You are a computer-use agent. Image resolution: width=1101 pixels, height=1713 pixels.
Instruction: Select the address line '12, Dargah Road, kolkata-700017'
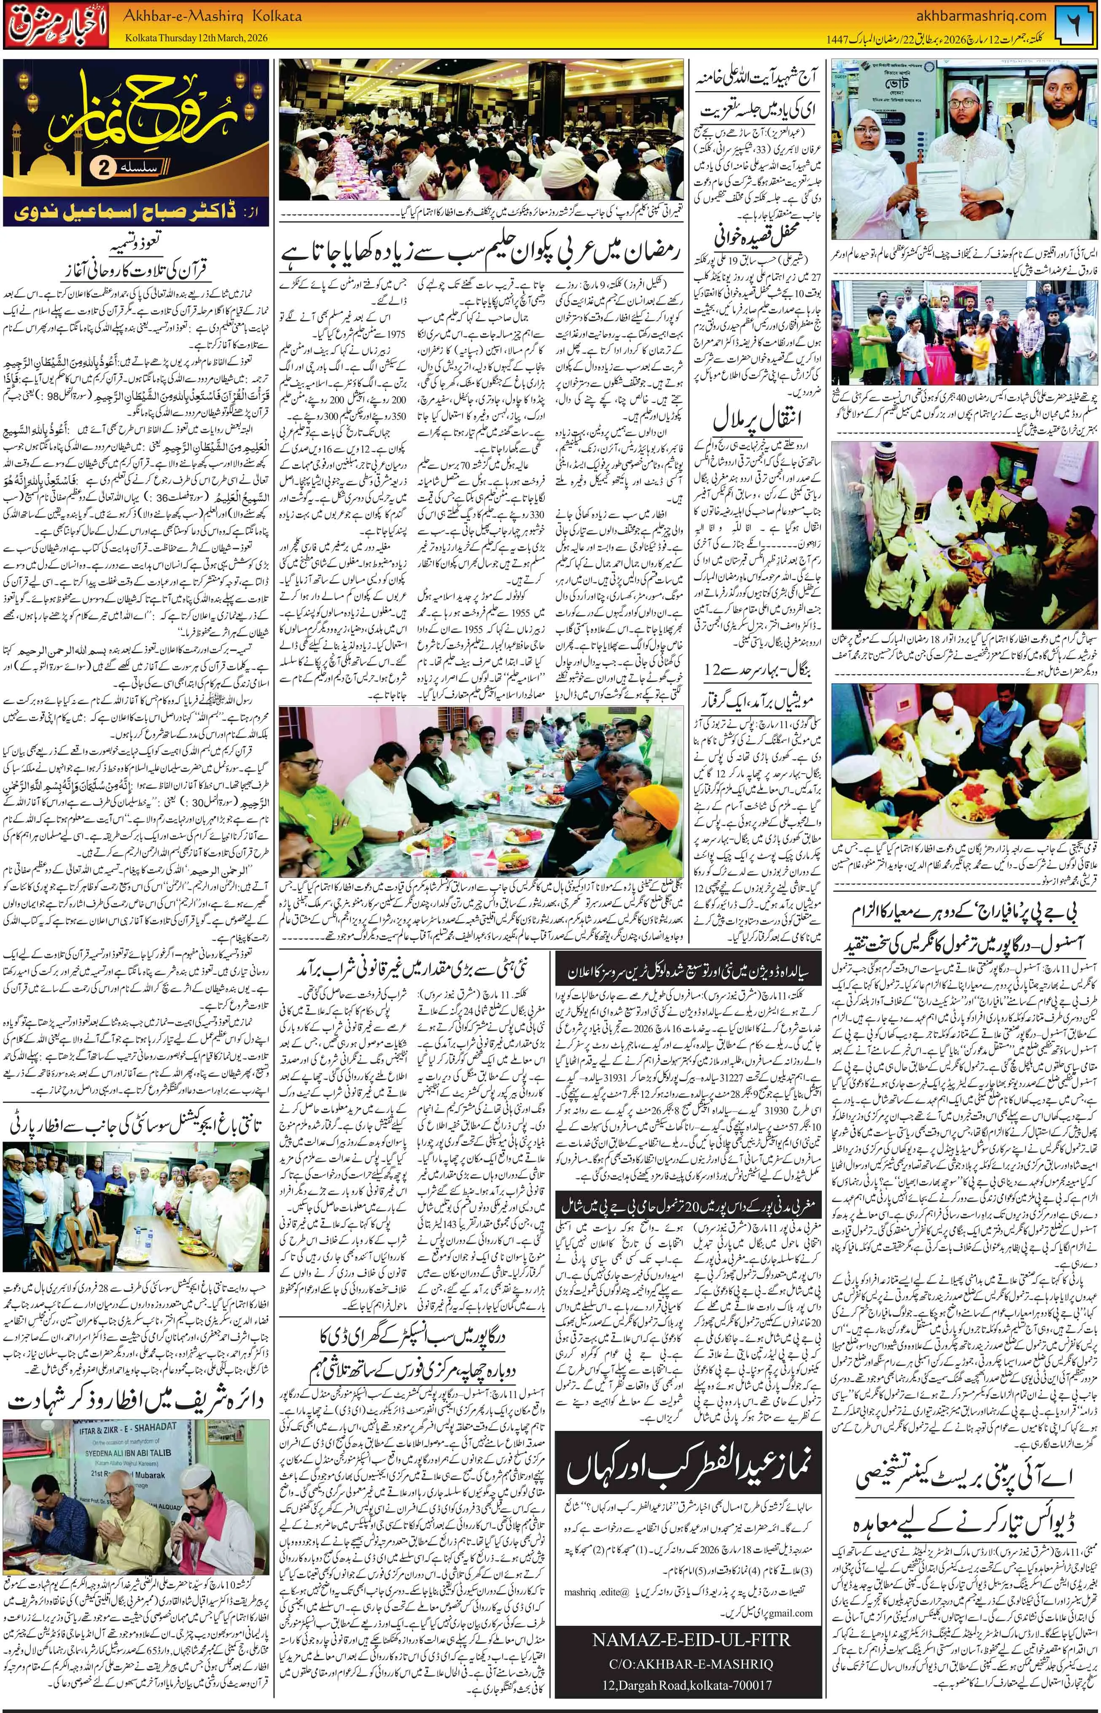pyautogui.click(x=691, y=1679)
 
